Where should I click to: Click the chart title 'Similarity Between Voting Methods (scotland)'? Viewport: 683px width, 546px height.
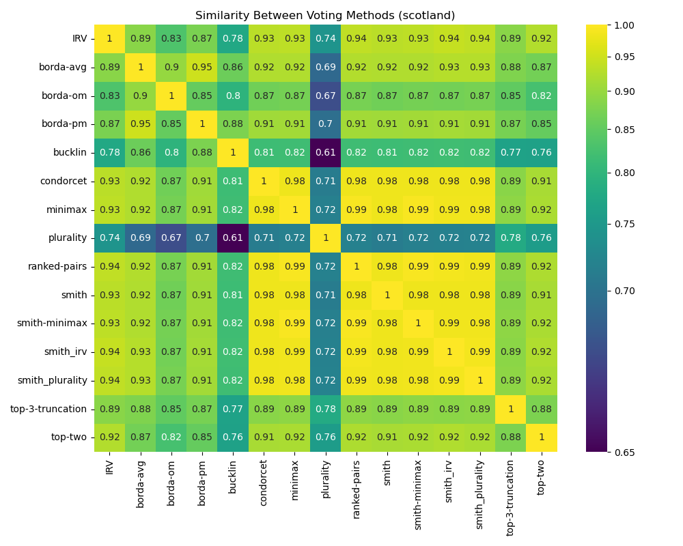coord(325,16)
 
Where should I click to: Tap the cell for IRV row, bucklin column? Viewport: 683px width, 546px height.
coord(233,38)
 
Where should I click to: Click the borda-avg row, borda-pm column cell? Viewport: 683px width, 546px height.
coord(202,67)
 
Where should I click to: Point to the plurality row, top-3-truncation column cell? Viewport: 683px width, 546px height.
coord(510,238)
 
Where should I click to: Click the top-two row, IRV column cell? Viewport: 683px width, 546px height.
coord(109,437)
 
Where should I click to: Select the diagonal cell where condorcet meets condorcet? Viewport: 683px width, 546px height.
coord(264,181)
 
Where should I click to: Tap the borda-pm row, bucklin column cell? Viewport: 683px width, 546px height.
coord(233,124)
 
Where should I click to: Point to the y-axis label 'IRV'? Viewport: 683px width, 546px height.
coord(80,38)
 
